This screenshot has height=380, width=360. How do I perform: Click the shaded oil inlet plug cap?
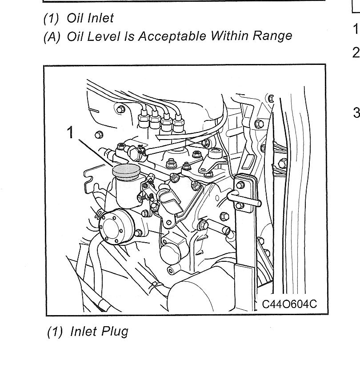[x=126, y=172]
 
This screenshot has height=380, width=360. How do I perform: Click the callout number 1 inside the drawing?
[x=70, y=132]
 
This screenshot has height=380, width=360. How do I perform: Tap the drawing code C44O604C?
[x=289, y=304]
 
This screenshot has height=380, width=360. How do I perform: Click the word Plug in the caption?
[x=115, y=332]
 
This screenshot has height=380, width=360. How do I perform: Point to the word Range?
[x=272, y=36]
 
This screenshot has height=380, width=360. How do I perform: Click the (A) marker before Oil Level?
[x=52, y=36]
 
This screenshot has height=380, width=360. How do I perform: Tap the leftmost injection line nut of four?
[x=144, y=118]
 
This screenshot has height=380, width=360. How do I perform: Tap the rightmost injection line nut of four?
[x=178, y=124]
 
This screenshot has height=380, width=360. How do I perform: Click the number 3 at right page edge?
[x=356, y=112]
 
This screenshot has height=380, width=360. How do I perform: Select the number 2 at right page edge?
[x=356, y=52]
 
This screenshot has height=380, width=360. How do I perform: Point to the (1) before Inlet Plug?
[x=55, y=332]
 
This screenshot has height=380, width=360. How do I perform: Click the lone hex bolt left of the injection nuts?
[x=99, y=135]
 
